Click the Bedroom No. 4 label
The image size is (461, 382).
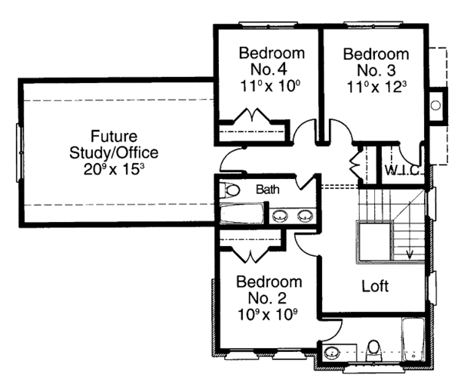(x=272, y=61)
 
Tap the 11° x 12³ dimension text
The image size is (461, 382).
(x=376, y=87)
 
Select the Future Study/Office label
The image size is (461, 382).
(x=114, y=144)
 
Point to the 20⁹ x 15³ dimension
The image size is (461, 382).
(x=114, y=169)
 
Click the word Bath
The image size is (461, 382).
(x=267, y=189)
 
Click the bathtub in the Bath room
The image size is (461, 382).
(x=242, y=213)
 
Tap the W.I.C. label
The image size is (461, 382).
(x=402, y=171)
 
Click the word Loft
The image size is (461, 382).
(x=375, y=286)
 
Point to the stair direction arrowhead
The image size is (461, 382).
(x=410, y=254)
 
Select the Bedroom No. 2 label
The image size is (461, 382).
(x=270, y=290)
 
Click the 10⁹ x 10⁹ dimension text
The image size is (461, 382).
(x=267, y=315)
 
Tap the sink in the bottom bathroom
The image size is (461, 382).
(x=332, y=352)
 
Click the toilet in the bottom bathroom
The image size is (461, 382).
(x=374, y=350)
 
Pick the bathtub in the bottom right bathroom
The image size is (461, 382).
(x=413, y=340)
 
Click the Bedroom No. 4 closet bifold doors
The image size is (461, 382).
(x=252, y=115)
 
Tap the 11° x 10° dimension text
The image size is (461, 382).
(x=270, y=86)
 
